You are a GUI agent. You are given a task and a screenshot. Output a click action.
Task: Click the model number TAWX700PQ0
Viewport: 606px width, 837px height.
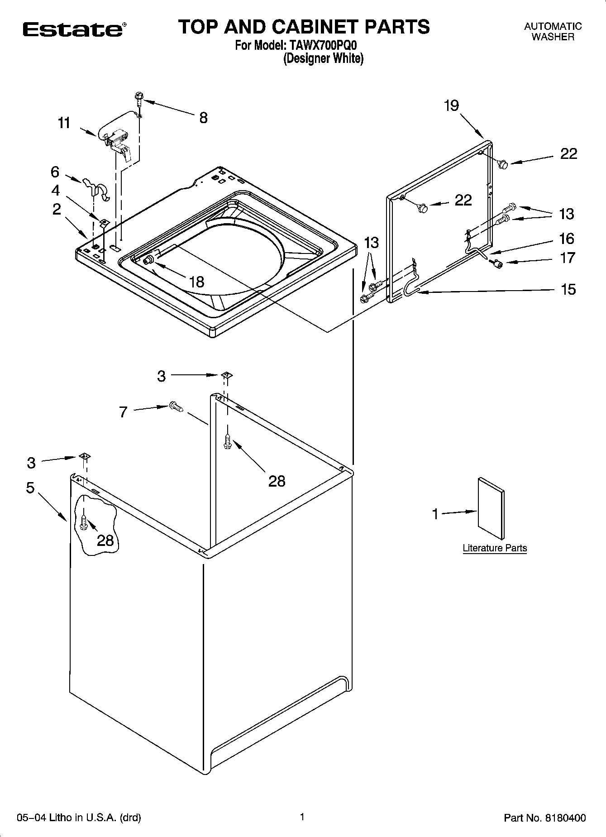click(324, 46)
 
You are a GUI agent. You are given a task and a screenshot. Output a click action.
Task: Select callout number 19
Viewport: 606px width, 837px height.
click(451, 105)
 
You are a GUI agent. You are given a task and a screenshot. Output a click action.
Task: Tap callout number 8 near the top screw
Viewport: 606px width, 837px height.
click(203, 118)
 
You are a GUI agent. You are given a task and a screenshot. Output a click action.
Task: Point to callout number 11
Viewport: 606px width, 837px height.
click(64, 123)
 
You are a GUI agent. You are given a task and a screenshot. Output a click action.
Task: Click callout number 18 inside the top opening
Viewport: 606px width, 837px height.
click(196, 282)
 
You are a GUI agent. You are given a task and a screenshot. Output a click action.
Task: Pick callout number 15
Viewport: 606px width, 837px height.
click(568, 289)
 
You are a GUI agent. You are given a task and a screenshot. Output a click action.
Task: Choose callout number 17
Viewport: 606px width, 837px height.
click(568, 258)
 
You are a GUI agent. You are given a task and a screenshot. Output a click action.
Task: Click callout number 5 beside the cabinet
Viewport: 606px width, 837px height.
click(30, 488)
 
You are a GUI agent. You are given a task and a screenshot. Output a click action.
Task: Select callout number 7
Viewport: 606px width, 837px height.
click(123, 412)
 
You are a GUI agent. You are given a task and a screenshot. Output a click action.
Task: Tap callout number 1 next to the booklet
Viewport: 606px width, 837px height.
click(435, 514)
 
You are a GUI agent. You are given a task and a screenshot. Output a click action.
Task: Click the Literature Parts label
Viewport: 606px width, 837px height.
click(495, 548)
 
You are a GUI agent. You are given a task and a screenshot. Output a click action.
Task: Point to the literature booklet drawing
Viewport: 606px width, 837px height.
click(491, 508)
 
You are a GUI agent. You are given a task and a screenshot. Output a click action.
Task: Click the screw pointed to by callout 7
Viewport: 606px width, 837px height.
click(175, 407)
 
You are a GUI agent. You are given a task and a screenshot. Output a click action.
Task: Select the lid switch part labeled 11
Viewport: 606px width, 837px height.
click(116, 140)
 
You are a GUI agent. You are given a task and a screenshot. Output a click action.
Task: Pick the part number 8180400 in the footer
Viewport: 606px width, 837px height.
click(567, 818)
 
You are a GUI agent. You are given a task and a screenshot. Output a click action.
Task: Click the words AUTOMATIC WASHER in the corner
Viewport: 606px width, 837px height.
click(553, 32)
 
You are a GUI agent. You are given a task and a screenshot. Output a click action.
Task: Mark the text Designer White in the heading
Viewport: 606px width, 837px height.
click(323, 59)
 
